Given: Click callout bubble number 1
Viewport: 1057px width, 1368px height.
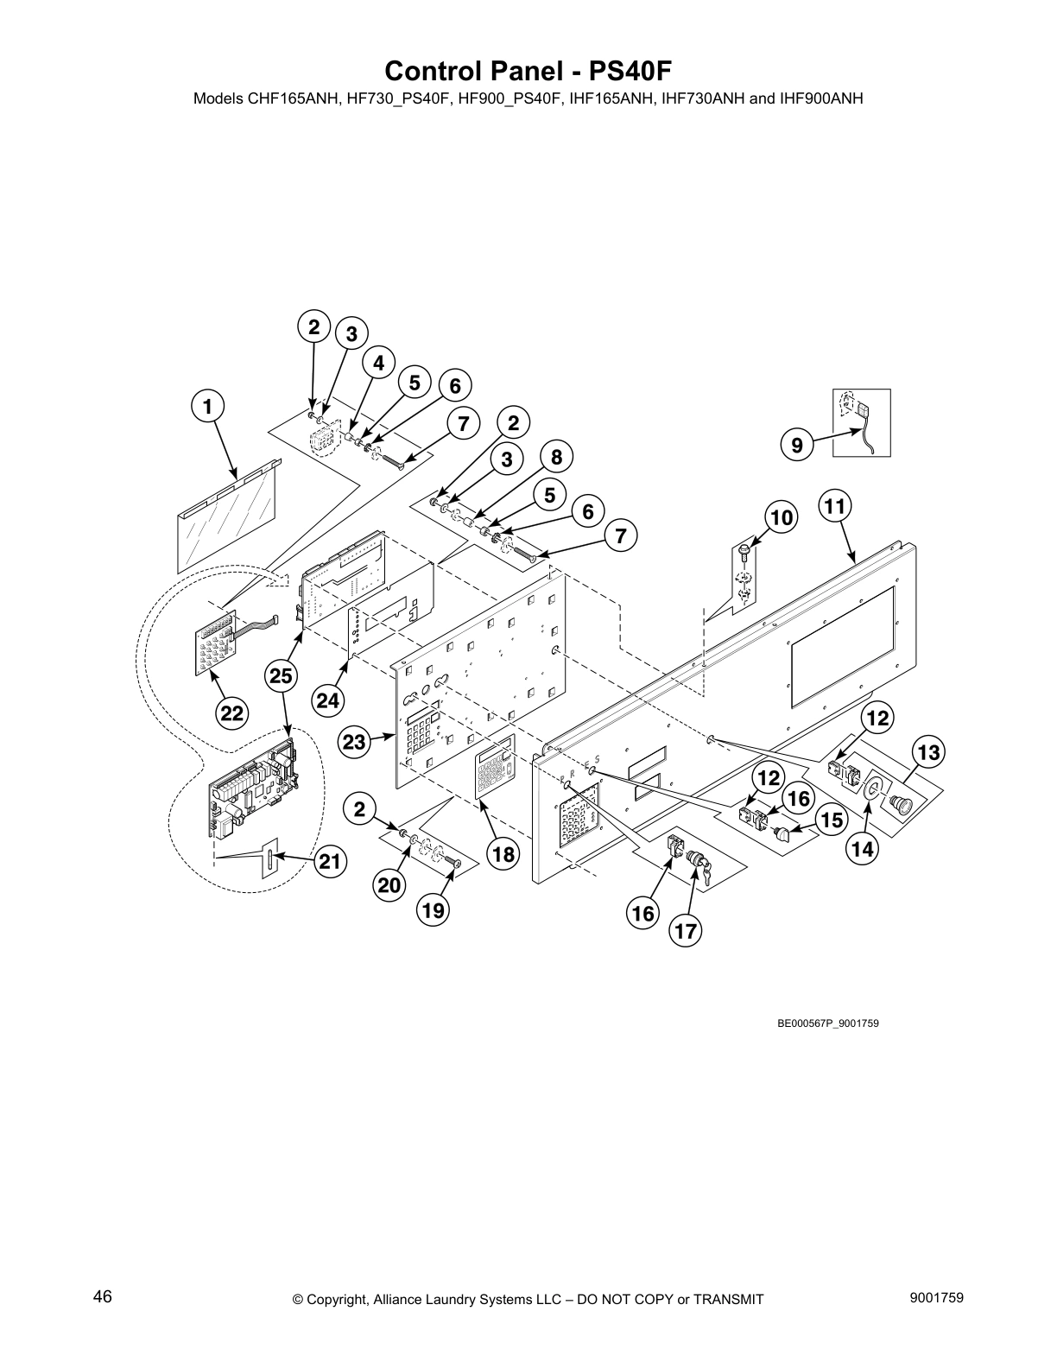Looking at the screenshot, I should click(207, 405).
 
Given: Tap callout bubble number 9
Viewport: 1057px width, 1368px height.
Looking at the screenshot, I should click(797, 446).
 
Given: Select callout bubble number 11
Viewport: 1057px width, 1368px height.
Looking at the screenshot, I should click(834, 506).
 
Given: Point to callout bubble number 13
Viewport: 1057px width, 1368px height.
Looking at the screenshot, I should click(927, 752).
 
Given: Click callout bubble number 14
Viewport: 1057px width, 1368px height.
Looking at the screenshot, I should click(862, 849).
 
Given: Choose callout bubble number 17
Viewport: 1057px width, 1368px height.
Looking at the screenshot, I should click(686, 931).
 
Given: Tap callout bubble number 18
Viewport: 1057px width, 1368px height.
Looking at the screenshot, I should click(503, 854).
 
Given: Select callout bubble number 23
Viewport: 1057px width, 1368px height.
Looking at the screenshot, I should click(354, 741).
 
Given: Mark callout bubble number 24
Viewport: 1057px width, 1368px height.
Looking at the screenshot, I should click(328, 700).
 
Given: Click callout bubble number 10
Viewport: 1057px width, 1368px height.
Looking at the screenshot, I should click(781, 517).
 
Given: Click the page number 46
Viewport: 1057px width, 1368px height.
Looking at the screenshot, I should click(103, 1297).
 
